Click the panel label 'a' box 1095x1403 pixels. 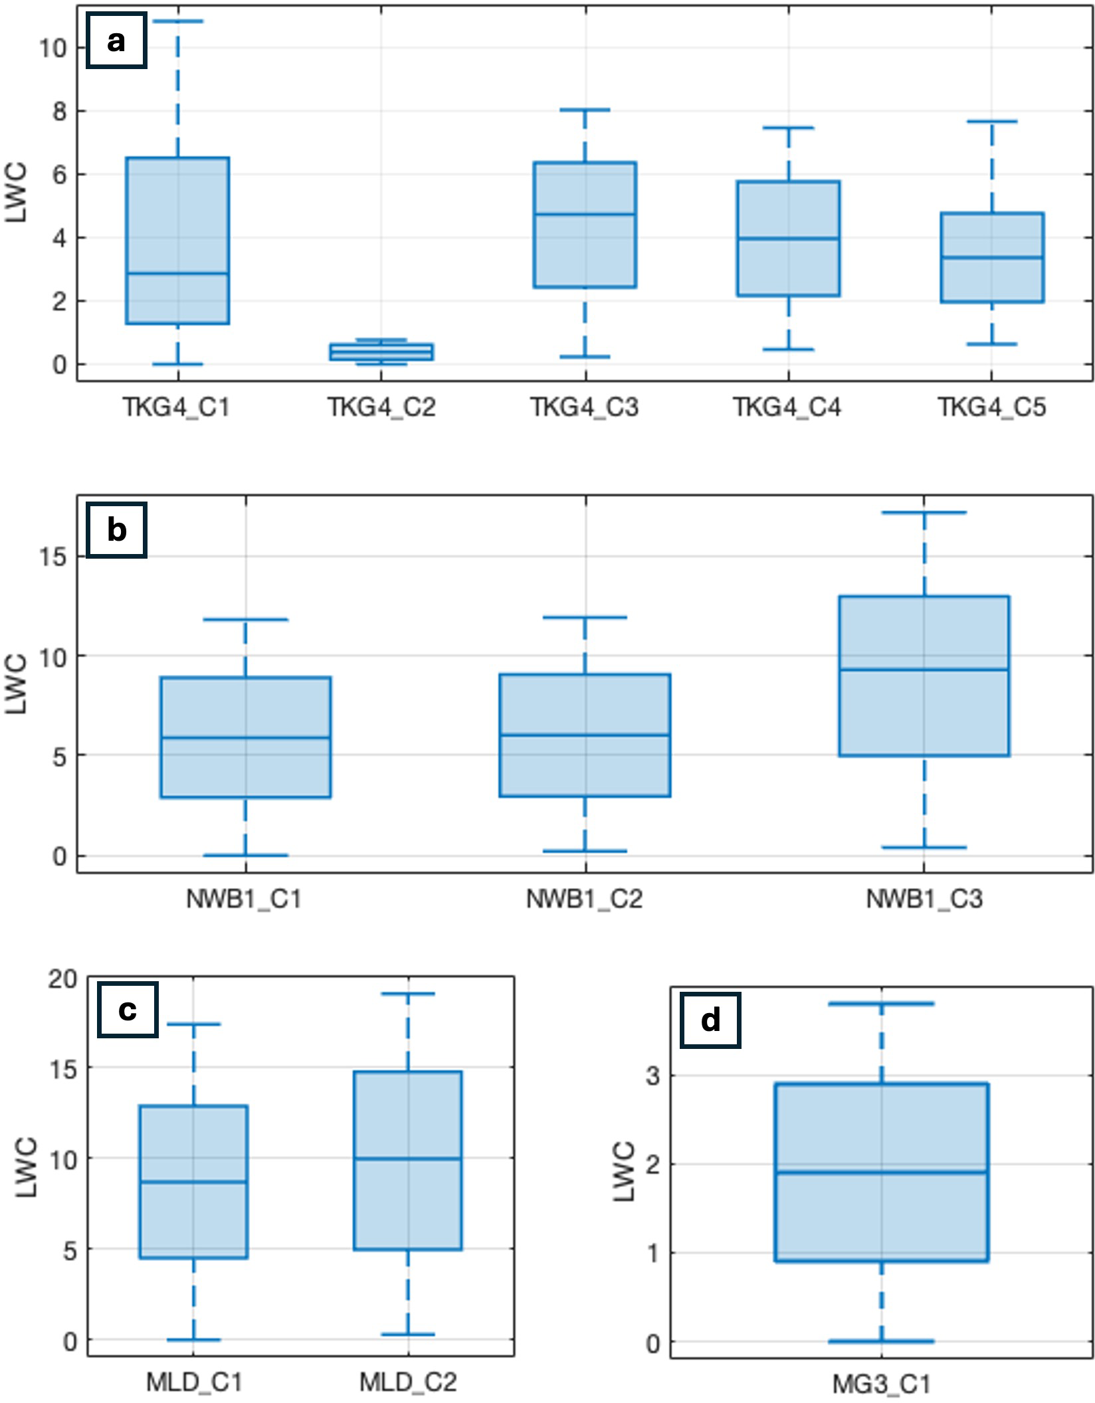(x=116, y=41)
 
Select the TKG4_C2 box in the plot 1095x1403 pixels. (x=381, y=351)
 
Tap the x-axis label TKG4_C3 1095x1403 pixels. (x=584, y=407)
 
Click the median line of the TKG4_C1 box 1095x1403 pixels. (x=177, y=273)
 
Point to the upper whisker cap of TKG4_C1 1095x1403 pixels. (x=177, y=21)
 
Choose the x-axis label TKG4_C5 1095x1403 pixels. (x=991, y=407)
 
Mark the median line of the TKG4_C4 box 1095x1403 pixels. (x=788, y=238)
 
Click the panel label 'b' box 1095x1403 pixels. (x=116, y=529)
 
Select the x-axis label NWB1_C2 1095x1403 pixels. (x=585, y=899)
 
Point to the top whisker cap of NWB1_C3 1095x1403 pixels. (x=924, y=512)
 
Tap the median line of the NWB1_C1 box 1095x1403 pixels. (x=245, y=737)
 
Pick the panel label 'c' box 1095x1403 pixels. (x=128, y=1010)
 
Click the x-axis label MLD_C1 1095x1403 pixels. (x=194, y=1382)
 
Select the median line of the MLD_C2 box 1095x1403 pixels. (x=408, y=1159)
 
